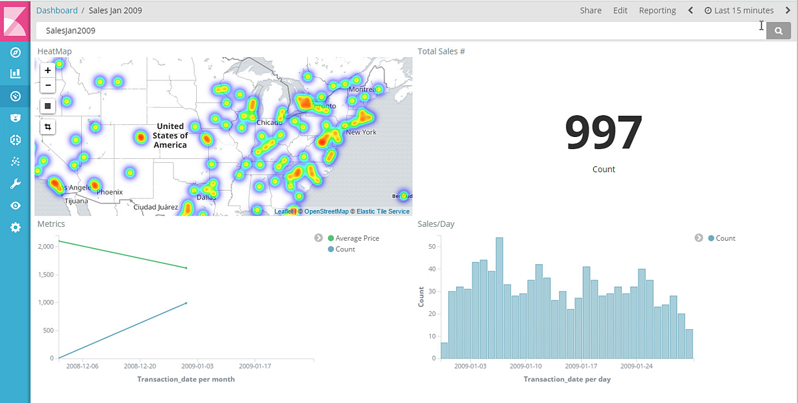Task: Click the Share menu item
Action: (591, 11)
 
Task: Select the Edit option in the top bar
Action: (620, 11)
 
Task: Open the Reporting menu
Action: (657, 11)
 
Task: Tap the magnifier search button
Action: (779, 31)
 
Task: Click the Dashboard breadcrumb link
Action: (57, 11)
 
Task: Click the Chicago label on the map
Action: (269, 122)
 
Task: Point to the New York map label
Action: (361, 132)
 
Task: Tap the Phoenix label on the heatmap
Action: (110, 192)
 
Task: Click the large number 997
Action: (604, 133)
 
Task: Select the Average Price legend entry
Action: (357, 238)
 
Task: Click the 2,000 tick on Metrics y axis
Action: (45, 247)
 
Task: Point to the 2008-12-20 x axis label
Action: (140, 366)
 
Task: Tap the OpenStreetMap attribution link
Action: (327, 211)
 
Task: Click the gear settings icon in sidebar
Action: (15, 227)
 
